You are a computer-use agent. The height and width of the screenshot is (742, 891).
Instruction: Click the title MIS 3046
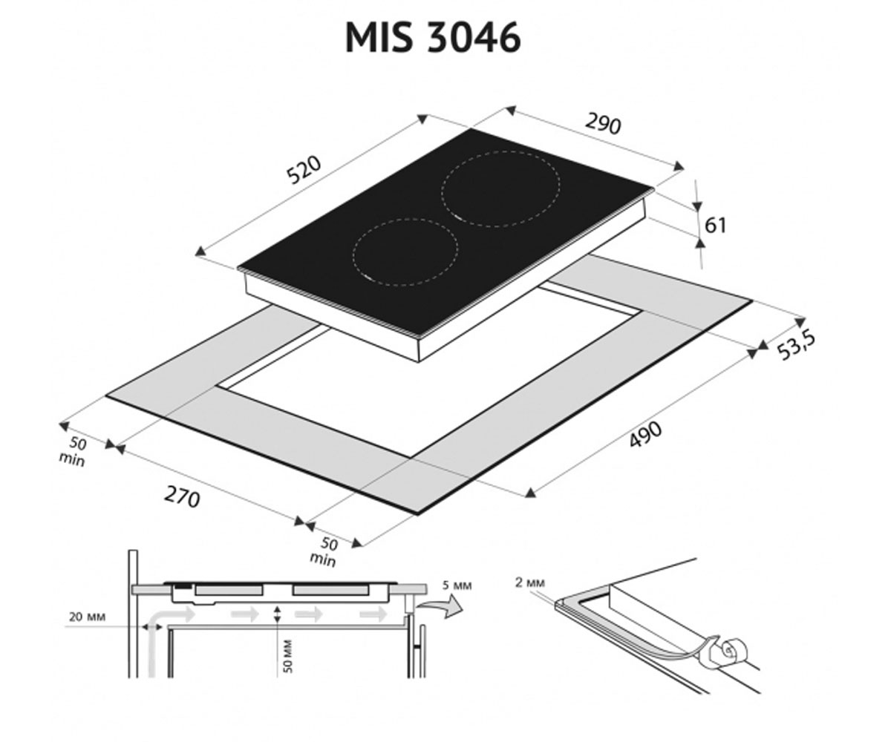tap(433, 38)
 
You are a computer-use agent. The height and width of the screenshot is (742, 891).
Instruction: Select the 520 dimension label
tap(304, 170)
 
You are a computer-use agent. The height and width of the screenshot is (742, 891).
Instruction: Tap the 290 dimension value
tap(602, 124)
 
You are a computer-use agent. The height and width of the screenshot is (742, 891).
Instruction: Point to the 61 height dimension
tap(715, 225)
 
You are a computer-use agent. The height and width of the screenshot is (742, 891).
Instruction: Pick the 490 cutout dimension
tap(646, 434)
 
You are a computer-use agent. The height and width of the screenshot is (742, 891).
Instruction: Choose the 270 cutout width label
tap(182, 497)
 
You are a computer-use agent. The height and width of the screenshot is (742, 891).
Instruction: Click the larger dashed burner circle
tap(500, 189)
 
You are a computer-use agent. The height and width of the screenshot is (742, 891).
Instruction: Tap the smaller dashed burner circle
tap(405, 252)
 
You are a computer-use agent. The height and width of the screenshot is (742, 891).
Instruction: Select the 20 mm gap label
tap(87, 617)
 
